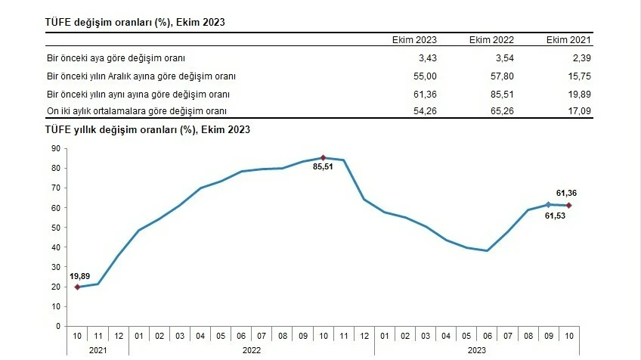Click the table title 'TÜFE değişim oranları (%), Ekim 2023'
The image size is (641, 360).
(135, 23)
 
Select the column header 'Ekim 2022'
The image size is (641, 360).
(491, 40)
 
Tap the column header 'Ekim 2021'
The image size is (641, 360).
(568, 40)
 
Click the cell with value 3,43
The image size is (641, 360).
(426, 57)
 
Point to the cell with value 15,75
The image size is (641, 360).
(578, 76)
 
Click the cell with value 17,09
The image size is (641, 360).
(578, 111)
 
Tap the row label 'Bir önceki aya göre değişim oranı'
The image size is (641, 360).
(116, 57)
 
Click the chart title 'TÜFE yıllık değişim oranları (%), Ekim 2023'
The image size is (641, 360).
(148, 129)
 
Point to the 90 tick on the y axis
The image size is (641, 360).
(56, 148)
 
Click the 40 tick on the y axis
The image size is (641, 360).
(56, 247)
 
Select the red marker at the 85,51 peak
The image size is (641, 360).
(324, 157)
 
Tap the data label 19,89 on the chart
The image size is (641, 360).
(80, 277)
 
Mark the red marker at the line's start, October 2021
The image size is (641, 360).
(77, 287)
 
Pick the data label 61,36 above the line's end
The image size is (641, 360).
(566, 194)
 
